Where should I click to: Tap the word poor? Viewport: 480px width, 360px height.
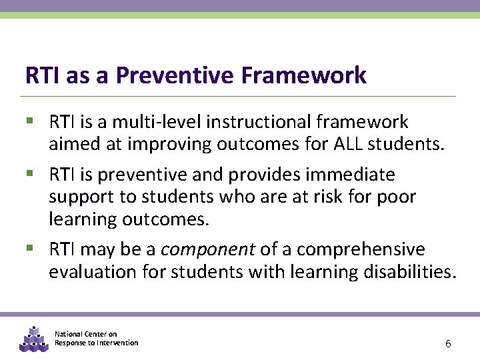399,197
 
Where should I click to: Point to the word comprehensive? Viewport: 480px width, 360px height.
361,249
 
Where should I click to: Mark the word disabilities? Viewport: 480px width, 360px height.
409,271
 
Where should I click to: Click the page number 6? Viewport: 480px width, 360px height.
448,344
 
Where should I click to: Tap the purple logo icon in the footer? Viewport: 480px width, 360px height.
33,339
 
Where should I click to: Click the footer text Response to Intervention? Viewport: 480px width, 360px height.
97,343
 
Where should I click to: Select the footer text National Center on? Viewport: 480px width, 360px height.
86,334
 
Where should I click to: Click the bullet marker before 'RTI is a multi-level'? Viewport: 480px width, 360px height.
29,121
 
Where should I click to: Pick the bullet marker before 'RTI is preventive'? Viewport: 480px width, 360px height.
29,174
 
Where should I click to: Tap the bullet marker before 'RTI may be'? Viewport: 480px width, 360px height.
29,249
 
